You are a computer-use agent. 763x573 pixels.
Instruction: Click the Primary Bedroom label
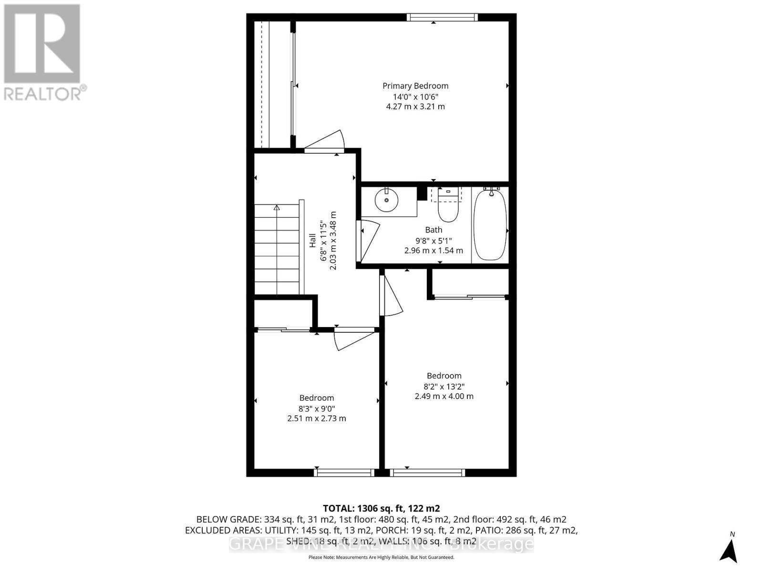point(415,86)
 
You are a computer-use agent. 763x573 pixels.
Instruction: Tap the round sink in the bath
point(386,200)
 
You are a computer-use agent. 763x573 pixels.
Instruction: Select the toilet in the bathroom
point(448,207)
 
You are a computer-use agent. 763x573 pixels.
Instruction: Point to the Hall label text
point(313,240)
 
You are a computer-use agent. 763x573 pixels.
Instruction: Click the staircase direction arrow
point(277,207)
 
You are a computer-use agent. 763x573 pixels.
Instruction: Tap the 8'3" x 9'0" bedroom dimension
point(316,409)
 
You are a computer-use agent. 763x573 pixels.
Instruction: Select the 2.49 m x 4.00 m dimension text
point(444,396)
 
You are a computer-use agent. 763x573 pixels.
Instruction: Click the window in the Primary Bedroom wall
point(442,18)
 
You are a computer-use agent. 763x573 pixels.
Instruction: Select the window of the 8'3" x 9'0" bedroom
point(344,473)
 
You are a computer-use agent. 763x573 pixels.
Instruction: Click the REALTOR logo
point(42,53)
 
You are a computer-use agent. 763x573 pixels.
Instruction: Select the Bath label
point(433,230)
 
